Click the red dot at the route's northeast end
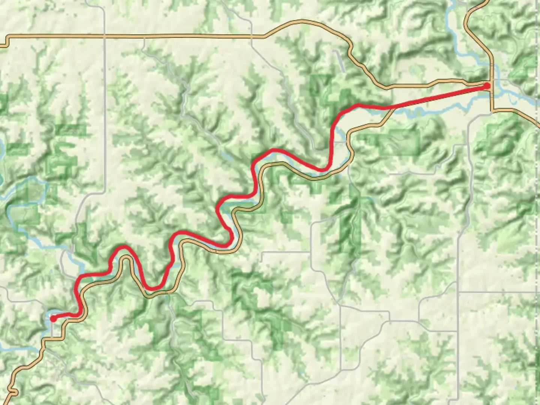[x=487, y=86]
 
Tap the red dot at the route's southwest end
[x=54, y=319]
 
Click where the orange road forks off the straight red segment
[x=390, y=108]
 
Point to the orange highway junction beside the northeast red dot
[x=492, y=81]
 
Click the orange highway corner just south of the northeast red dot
[x=492, y=110]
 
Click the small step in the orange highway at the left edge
[x=6, y=41]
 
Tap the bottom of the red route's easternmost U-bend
[x=323, y=170]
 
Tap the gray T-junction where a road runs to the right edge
[x=458, y=292]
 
